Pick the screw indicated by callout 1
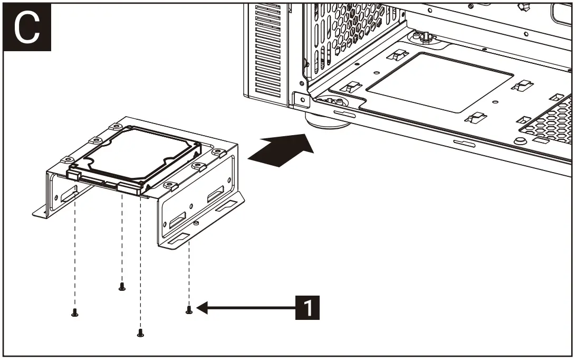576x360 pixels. click(x=189, y=310)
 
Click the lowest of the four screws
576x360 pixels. click(x=140, y=333)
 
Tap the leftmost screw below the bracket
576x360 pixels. click(x=74, y=314)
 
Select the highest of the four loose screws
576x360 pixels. click(x=122, y=287)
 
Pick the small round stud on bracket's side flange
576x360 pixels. click(x=196, y=223)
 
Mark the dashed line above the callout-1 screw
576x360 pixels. click(x=189, y=274)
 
